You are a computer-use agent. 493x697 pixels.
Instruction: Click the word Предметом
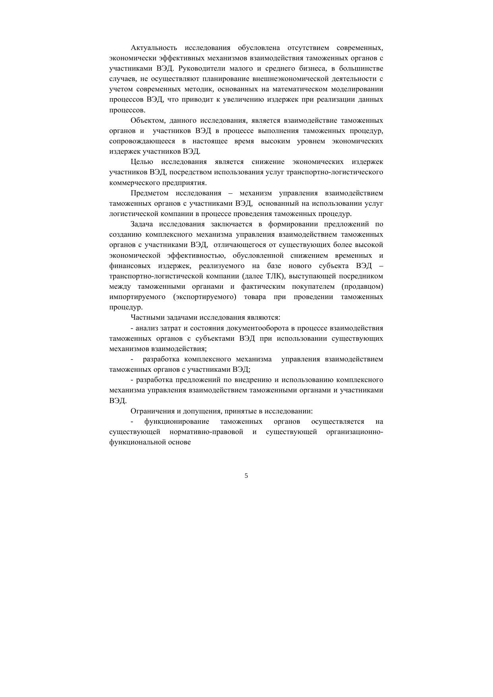(149, 193)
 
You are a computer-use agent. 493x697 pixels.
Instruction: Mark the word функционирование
(176, 421)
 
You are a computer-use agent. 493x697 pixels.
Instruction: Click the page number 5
(246, 476)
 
